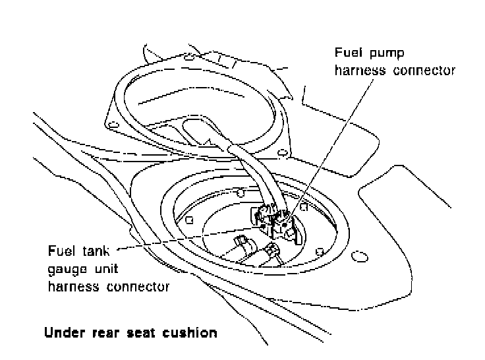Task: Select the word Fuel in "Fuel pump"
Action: tap(351, 52)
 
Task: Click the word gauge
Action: tap(67, 270)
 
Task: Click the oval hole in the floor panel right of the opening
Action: tap(360, 256)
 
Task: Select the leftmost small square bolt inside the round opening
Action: tap(189, 219)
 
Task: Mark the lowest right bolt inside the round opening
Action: tap(320, 250)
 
